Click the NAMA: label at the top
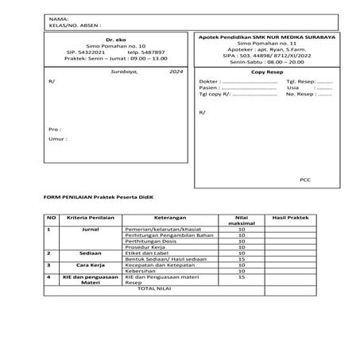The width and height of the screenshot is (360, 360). point(58,17)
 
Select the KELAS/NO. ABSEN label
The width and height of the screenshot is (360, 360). point(75,24)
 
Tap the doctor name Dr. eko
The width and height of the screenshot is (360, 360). point(116,39)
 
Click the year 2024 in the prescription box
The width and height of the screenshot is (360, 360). point(175,72)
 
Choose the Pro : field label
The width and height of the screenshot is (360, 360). point(54,128)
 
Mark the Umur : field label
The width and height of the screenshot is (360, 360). point(57,138)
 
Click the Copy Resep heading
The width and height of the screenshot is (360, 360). point(267,72)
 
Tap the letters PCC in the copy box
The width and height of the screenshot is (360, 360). point(305,180)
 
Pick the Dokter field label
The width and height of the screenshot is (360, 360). point(209,82)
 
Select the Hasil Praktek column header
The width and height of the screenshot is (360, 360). point(289,217)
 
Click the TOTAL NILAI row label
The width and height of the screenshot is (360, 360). point(155,288)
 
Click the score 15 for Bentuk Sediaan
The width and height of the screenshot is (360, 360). point(242,257)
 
